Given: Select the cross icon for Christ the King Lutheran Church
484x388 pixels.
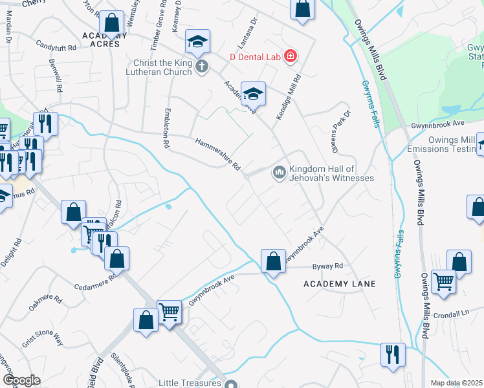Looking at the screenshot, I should pos(202,65).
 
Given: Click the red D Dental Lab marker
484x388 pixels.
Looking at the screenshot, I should pos(291,57).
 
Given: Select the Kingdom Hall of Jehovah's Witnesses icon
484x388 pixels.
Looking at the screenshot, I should pos(280,172).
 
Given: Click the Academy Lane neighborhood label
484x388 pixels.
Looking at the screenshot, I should pos(340,284).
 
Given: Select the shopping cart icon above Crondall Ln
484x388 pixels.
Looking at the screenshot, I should pos(443,281).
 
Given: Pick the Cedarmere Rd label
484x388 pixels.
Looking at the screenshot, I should pos(94,281).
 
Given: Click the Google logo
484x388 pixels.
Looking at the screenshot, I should pos(21,380).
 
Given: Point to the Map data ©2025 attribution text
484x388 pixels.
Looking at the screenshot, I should pos(456,383).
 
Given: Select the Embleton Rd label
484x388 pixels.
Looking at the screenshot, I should pos(167,129).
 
